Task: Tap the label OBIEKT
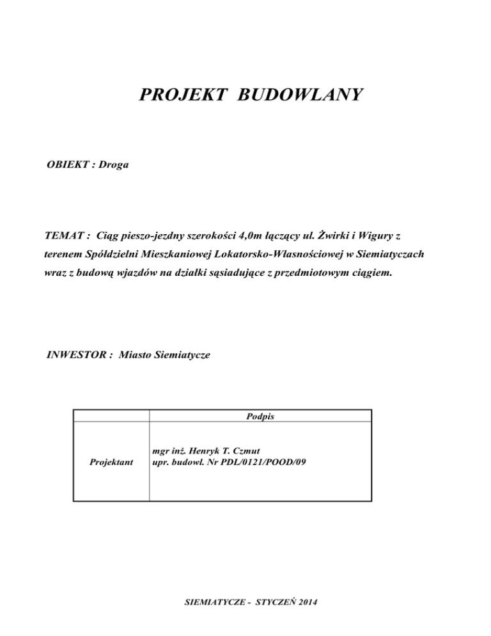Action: (66, 166)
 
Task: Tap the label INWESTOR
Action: (74, 353)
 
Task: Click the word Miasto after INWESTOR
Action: (137, 353)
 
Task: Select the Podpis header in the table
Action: (260, 416)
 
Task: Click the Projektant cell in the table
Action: (111, 461)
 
